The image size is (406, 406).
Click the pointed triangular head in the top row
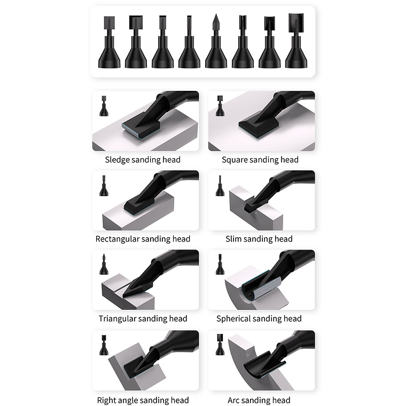[x=216, y=42]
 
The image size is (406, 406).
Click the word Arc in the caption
[x=233, y=400]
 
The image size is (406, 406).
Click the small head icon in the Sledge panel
[x=104, y=106]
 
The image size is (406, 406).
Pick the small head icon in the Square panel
[x=220, y=106]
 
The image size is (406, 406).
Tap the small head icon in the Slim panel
[x=220, y=186]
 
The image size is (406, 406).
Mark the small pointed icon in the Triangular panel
[x=104, y=264]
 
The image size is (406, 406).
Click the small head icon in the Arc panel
[x=220, y=345]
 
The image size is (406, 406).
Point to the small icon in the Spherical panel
[x=220, y=264]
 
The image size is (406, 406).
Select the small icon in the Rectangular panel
[x=104, y=186]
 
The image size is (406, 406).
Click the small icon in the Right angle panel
[x=104, y=345]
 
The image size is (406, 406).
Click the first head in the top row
[x=109, y=42]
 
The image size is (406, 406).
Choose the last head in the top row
[x=296, y=41]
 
